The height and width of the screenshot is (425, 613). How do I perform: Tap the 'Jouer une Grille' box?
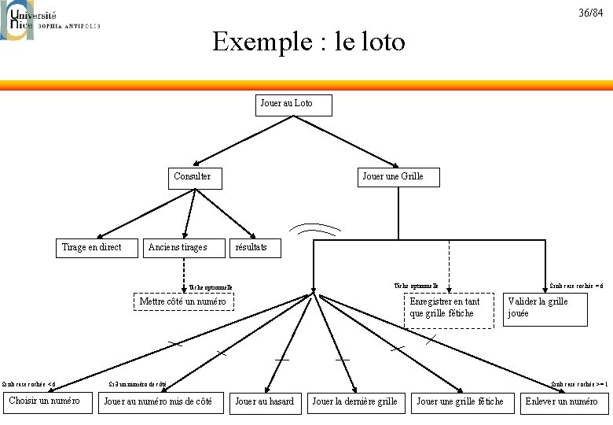tap(398, 177)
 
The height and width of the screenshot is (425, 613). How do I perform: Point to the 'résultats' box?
tap(251, 247)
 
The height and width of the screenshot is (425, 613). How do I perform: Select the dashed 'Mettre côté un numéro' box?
tap(182, 301)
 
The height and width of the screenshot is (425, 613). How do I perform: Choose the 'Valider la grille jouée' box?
tap(545, 308)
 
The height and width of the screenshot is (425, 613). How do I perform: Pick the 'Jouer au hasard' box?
tap(265, 401)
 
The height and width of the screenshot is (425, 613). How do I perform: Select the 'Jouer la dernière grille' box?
tap(356, 401)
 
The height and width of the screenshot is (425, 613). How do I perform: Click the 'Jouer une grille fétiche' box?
tap(461, 401)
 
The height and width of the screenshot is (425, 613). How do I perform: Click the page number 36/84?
tap(591, 13)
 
